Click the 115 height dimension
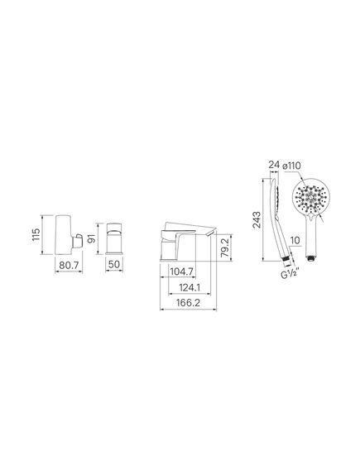tap(36, 234)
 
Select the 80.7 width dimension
tap(69, 265)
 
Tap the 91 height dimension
tap(92, 238)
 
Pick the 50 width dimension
tap(114, 265)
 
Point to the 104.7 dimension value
tap(181, 272)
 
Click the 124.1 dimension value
tap(190, 287)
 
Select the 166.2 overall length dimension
tap(188, 302)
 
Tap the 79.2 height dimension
tap(225, 248)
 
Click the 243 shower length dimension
tap(257, 220)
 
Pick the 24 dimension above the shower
tap(274, 165)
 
